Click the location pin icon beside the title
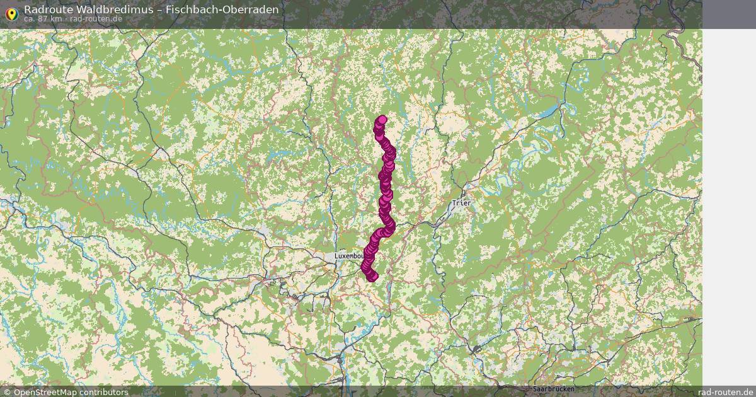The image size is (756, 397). coord(11,13)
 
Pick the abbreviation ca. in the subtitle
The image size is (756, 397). coord(30,19)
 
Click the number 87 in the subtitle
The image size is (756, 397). coord(43,19)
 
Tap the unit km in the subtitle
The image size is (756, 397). coord(56,19)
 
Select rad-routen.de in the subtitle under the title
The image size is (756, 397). coord(96,19)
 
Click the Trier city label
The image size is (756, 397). coord(461,204)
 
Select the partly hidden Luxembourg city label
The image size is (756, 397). coord(348,256)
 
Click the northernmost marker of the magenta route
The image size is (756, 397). coord(382,120)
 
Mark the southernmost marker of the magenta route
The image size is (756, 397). coord(372,276)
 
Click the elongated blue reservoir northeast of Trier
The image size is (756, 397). coord(549,112)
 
